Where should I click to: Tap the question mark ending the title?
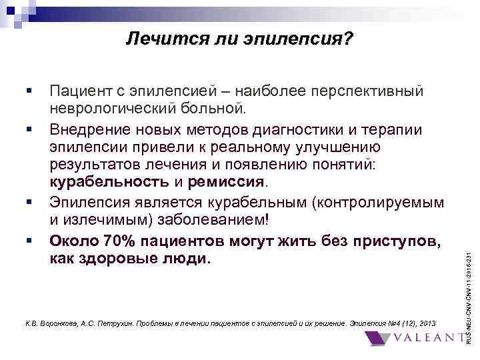[x=349, y=41]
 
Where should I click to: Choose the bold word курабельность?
[x=109, y=182]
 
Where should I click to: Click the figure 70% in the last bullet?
[x=117, y=239]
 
